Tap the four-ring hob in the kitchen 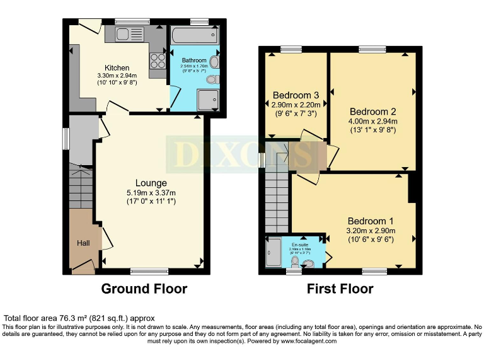click(157, 61)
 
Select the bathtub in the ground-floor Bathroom click(195, 35)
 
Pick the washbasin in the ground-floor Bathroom click(214, 62)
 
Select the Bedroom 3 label click(296, 95)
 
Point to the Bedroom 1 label click(371, 221)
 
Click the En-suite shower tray click(274, 253)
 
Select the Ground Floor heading click(144, 289)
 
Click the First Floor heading click(340, 289)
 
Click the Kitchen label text click(117, 68)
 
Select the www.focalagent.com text click(303, 341)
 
